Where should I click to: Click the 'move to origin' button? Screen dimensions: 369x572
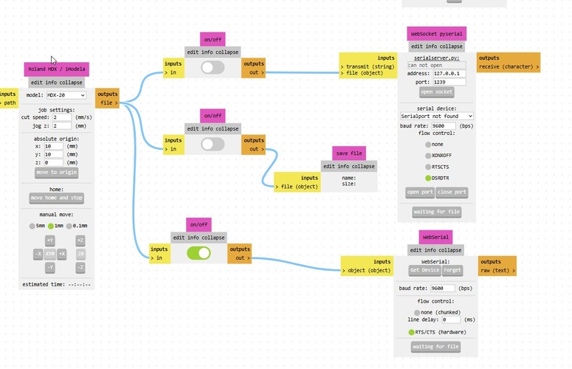point(56,172)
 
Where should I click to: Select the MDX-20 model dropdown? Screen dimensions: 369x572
point(66,95)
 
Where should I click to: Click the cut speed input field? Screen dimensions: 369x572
point(61,117)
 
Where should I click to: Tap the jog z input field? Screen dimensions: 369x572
point(61,126)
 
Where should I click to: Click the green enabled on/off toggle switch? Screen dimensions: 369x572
point(199,253)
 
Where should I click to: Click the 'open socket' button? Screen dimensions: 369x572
point(437,92)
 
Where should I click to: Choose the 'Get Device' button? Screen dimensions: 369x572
point(425,270)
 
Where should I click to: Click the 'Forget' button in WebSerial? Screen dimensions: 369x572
point(452,270)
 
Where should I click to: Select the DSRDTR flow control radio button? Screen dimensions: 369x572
point(428,178)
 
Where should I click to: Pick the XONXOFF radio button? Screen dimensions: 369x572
point(428,156)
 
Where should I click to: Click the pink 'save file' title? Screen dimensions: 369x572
point(349,154)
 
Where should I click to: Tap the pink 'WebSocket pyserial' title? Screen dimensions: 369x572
point(436,34)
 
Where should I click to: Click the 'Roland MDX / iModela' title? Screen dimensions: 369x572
point(56,69)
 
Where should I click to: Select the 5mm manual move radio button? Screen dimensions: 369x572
point(32,225)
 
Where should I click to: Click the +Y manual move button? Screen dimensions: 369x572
point(50,241)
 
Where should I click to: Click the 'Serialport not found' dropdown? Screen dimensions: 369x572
point(436,116)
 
